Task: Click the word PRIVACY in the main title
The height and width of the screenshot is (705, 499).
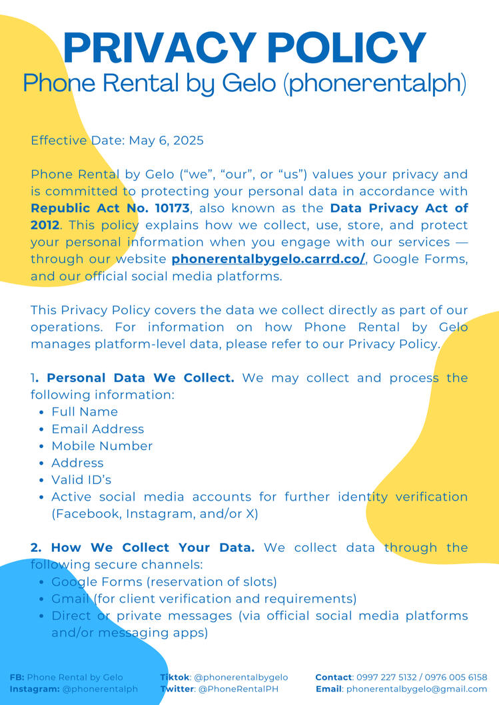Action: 155,47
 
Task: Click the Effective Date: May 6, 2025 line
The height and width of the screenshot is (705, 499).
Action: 117,140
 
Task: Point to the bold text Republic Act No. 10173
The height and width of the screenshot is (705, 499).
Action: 110,208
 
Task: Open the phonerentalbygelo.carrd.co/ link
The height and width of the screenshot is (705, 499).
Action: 268,259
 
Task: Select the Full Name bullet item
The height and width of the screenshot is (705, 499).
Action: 85,412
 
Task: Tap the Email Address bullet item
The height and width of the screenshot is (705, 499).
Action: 97,429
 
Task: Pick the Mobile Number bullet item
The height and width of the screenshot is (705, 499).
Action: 102,446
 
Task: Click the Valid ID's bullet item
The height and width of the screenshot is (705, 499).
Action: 81,480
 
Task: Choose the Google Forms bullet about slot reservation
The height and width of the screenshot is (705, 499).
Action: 164,582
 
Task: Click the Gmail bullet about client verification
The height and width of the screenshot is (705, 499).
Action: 204,598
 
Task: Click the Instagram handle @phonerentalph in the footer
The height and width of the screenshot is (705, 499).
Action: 100,689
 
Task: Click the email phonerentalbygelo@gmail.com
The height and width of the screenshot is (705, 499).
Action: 416,689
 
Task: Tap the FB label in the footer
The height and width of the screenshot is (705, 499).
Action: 17,677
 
